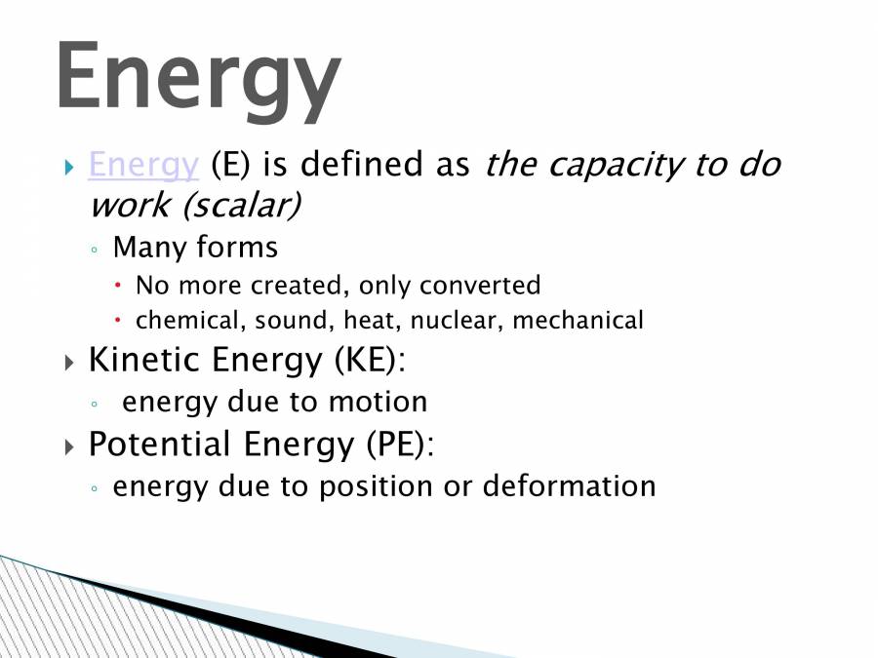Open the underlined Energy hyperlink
tap(143, 165)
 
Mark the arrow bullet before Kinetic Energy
tap(69, 364)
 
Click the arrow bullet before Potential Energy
tap(69, 447)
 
